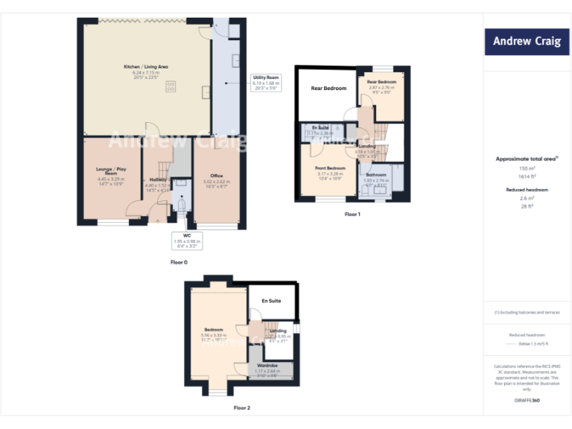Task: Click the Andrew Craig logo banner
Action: click(527, 41)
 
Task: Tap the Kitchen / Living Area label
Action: click(145, 67)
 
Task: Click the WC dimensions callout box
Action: click(187, 241)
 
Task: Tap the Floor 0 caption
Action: click(179, 263)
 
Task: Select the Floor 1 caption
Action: click(352, 214)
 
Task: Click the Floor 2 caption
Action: click(242, 407)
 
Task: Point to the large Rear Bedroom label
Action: click(328, 88)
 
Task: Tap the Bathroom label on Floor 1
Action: click(375, 174)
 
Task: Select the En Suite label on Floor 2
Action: click(271, 301)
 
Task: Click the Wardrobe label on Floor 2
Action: click(267, 366)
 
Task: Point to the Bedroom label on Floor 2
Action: click(214, 328)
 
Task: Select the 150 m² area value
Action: click(527, 169)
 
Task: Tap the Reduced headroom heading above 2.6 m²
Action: click(527, 190)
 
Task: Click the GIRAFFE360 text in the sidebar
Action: click(527, 399)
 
